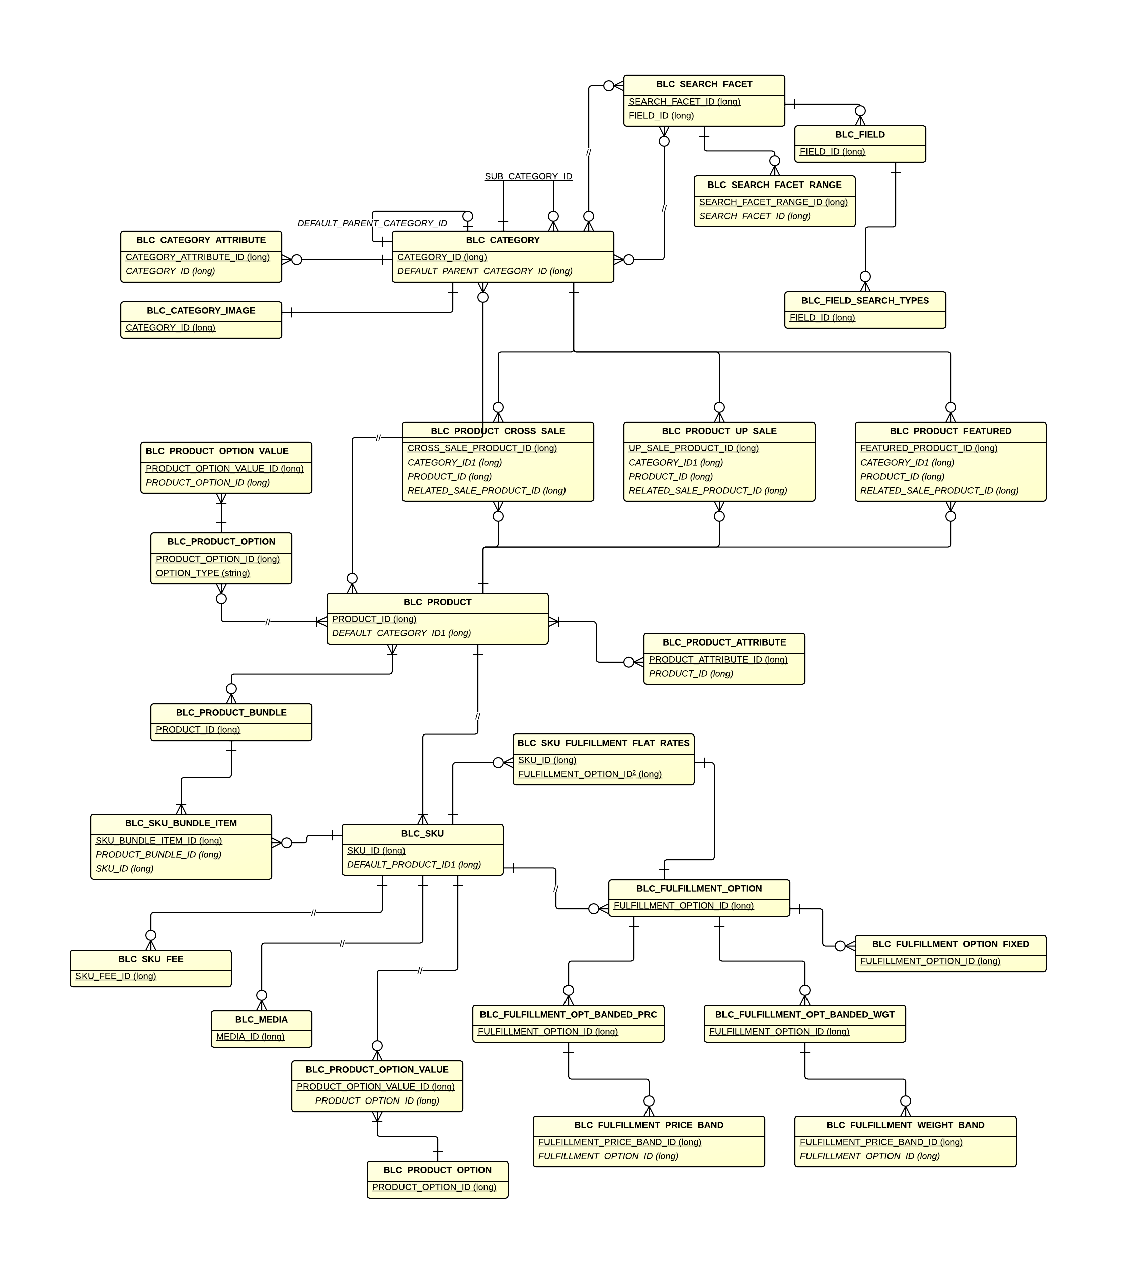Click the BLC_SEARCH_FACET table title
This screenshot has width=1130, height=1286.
pos(703,84)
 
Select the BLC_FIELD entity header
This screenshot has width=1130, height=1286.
pos(859,135)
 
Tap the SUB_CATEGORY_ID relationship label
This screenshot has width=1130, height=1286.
pos(528,177)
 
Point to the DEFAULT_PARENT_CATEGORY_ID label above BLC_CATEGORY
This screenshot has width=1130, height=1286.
pos(372,223)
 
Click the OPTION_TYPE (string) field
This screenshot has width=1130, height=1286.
pos(203,573)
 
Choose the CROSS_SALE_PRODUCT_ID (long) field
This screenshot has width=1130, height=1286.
pos(481,448)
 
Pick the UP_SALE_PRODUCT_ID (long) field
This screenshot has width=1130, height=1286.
pos(693,448)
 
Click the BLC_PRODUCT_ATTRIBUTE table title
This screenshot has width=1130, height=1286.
pos(723,642)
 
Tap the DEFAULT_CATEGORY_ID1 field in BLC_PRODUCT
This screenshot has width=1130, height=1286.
pos(401,633)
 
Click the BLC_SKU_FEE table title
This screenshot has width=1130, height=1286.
pos(150,959)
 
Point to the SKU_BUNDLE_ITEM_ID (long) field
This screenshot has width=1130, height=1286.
pos(158,841)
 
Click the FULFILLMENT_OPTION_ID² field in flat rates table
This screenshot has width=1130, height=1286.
pos(589,775)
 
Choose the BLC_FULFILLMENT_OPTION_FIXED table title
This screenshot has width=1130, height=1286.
pos(950,944)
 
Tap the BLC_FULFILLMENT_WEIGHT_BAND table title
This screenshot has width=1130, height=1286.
pos(905,1125)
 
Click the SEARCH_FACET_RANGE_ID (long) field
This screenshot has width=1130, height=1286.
pos(773,202)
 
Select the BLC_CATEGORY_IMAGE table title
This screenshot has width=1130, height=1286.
pos(201,311)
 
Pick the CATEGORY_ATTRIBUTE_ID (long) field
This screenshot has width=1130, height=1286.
pos(197,257)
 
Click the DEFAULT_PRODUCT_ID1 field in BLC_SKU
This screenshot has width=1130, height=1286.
pos(414,865)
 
